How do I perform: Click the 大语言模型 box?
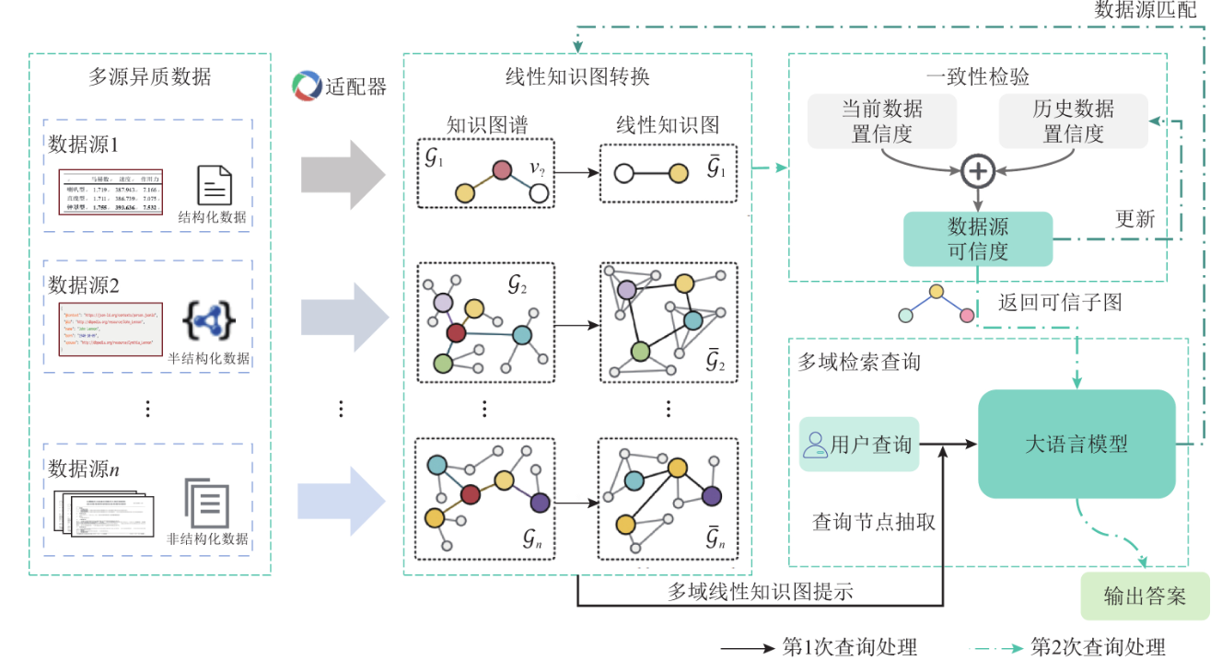click(x=1076, y=444)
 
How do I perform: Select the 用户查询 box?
click(x=858, y=445)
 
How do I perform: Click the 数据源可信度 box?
click(x=977, y=239)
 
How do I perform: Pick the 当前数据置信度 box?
click(x=881, y=121)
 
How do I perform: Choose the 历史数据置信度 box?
click(x=1073, y=121)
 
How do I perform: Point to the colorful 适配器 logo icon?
click(x=306, y=86)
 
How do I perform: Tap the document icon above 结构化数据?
click(x=214, y=185)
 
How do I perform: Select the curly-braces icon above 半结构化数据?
click(x=208, y=321)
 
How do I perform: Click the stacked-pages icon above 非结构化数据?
click(x=206, y=502)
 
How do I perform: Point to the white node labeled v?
click(x=539, y=192)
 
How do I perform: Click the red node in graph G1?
click(x=501, y=169)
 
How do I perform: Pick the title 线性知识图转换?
click(x=577, y=76)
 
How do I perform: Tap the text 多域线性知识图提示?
click(x=760, y=591)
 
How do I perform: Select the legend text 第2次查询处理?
click(x=1097, y=647)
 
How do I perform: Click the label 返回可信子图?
click(x=1059, y=302)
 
